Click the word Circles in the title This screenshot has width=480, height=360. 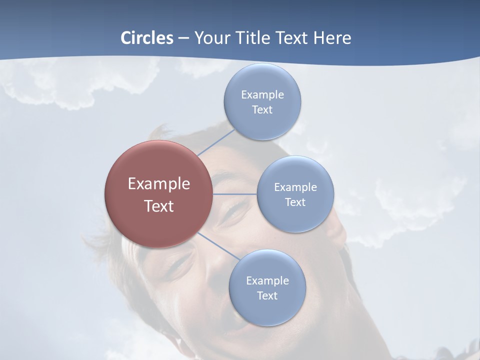coord(146,38)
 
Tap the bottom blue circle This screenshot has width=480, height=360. coord(267,312)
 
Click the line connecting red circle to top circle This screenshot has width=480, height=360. coord(216,142)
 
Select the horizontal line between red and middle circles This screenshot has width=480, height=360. coord(235,194)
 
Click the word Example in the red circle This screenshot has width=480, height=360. coord(158,184)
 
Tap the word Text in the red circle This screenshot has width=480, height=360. coord(158,206)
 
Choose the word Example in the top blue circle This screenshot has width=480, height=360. coord(262,94)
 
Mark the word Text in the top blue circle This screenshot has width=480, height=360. coord(262,110)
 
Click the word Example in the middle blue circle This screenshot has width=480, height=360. coord(295,187)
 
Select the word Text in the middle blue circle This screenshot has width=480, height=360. coord(295,202)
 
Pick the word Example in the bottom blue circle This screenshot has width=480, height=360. coord(267,280)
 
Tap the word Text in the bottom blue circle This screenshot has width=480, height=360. coord(267,295)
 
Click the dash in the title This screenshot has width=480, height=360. coord(183,38)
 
